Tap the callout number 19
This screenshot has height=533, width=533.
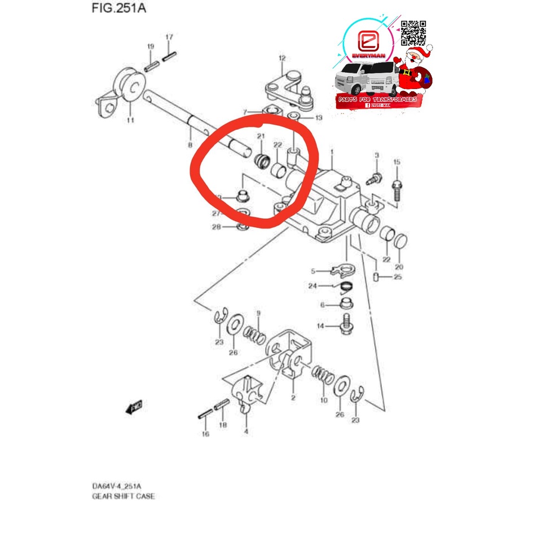tap(151, 46)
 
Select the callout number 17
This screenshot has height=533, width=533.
tap(168, 37)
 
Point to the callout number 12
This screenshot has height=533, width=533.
tap(282, 58)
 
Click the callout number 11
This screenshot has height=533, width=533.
tap(130, 120)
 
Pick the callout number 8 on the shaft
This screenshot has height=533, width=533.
tap(190, 130)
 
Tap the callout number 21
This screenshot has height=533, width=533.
tap(261, 136)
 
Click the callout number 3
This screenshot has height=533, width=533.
tap(377, 155)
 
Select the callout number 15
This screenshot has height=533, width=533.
tap(397, 162)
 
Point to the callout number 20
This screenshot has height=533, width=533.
tap(400, 267)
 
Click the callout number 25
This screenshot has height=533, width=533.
tap(398, 277)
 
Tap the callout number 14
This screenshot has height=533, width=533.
tap(320, 326)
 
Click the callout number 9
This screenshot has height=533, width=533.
tap(258, 314)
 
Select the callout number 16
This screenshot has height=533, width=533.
tap(205, 434)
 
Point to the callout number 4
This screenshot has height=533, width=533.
tap(245, 431)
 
